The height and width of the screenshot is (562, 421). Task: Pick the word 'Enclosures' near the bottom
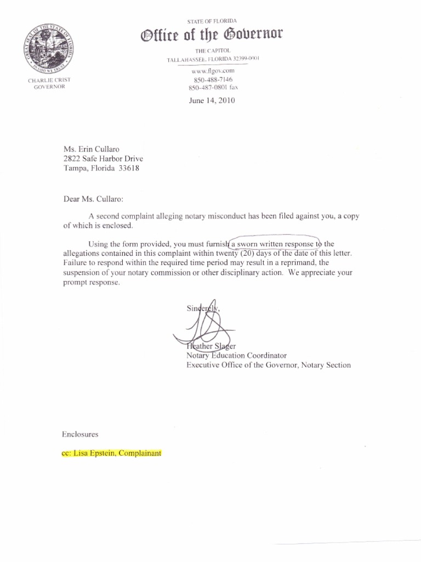tap(80, 434)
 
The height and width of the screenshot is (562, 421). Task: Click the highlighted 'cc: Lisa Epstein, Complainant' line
tap(111, 454)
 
